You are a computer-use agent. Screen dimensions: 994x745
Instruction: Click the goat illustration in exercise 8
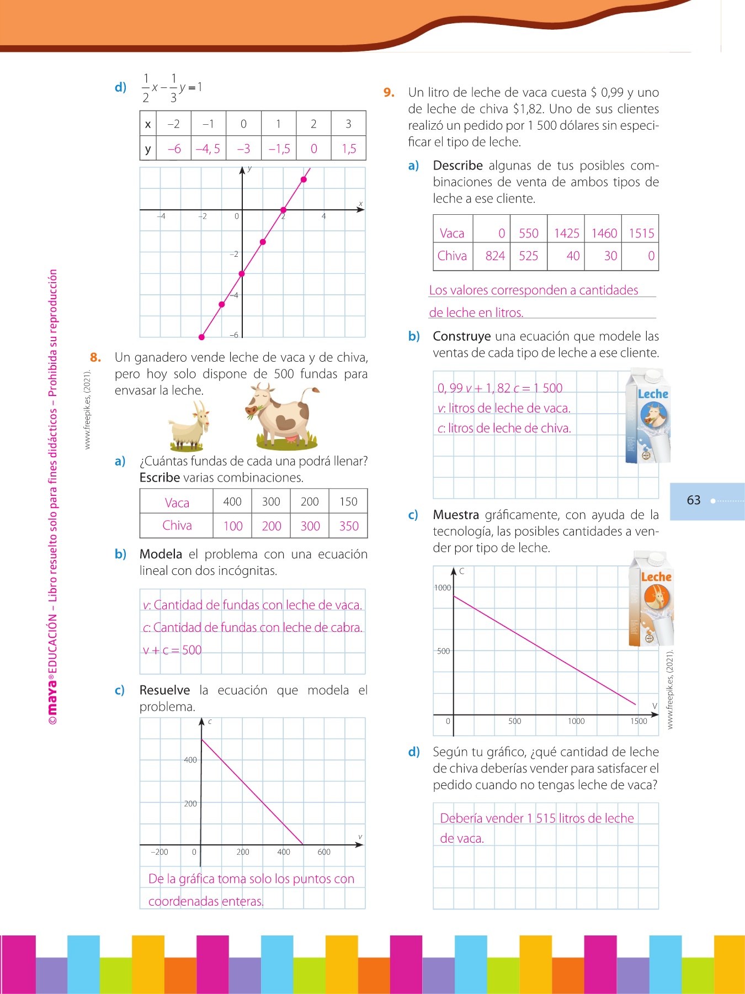(x=189, y=425)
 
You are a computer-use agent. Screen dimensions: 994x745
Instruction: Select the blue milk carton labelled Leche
(x=648, y=417)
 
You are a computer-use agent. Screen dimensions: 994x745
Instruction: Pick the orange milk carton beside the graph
(x=652, y=599)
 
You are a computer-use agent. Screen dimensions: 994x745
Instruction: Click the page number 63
(x=694, y=500)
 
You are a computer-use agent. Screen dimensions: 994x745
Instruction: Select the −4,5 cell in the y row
(x=208, y=149)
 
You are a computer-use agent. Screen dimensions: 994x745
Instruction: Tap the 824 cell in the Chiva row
(x=495, y=256)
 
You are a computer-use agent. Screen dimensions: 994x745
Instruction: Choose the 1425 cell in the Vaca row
(x=566, y=233)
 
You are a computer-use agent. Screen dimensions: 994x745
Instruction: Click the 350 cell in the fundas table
(x=349, y=526)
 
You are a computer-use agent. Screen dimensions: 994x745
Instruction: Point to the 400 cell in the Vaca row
(x=232, y=501)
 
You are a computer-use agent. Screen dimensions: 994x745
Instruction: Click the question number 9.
(x=389, y=92)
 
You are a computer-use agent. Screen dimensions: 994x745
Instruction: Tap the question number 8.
(x=95, y=357)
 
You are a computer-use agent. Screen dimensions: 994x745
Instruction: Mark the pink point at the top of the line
(x=304, y=179)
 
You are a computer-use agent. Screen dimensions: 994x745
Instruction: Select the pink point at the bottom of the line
(x=202, y=336)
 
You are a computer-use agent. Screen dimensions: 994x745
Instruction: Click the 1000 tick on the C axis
(x=443, y=588)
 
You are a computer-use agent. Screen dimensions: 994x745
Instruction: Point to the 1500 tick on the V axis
(x=638, y=721)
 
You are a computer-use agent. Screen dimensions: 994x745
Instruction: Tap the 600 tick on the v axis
(x=324, y=852)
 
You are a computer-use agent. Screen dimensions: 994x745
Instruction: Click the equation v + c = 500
(x=172, y=650)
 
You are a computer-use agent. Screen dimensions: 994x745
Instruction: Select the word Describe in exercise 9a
(x=457, y=166)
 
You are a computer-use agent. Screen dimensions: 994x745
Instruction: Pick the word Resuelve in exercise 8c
(x=164, y=690)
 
